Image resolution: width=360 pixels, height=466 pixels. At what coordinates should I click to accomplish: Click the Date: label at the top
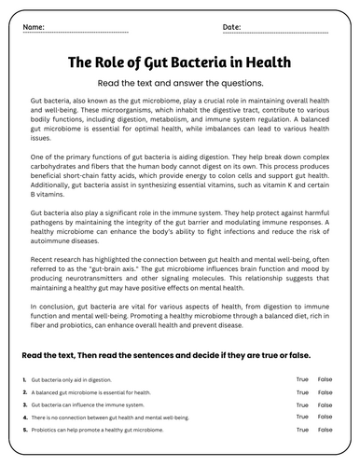(232, 28)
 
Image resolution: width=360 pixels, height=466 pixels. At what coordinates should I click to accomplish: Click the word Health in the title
(268, 63)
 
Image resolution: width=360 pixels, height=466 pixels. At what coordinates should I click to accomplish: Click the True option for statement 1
(302, 379)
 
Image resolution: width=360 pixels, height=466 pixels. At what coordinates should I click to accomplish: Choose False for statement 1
(325, 379)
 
